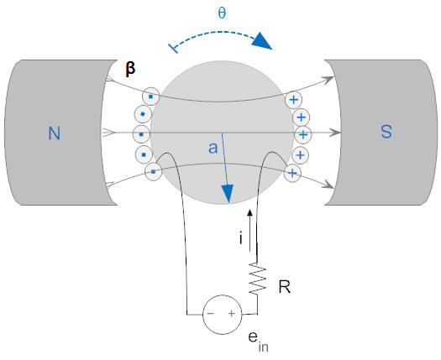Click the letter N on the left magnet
pyautogui.click(x=55, y=133)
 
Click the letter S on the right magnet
pyautogui.click(x=386, y=131)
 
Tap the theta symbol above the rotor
pyautogui.click(x=222, y=13)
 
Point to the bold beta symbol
pyautogui.click(x=130, y=68)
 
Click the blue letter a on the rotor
pyautogui.click(x=213, y=147)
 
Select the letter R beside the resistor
pyautogui.click(x=285, y=287)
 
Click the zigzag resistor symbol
pyautogui.click(x=257, y=279)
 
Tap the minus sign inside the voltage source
pyautogui.click(x=212, y=314)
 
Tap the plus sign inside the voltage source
pyautogui.click(x=232, y=314)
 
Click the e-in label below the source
pyautogui.click(x=258, y=342)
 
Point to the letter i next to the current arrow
pyautogui.click(x=240, y=237)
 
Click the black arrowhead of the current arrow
pyautogui.click(x=249, y=213)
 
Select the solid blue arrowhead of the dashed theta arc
pyautogui.click(x=262, y=41)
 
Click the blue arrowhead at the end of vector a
pyautogui.click(x=228, y=194)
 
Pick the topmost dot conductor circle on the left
pyautogui.click(x=150, y=97)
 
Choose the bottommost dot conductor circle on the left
pyautogui.click(x=154, y=171)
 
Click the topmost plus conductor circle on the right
pyautogui.click(x=294, y=100)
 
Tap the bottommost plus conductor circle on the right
pyautogui.click(x=293, y=174)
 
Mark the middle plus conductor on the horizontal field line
pyautogui.click(x=303, y=135)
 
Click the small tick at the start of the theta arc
pyautogui.click(x=173, y=49)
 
